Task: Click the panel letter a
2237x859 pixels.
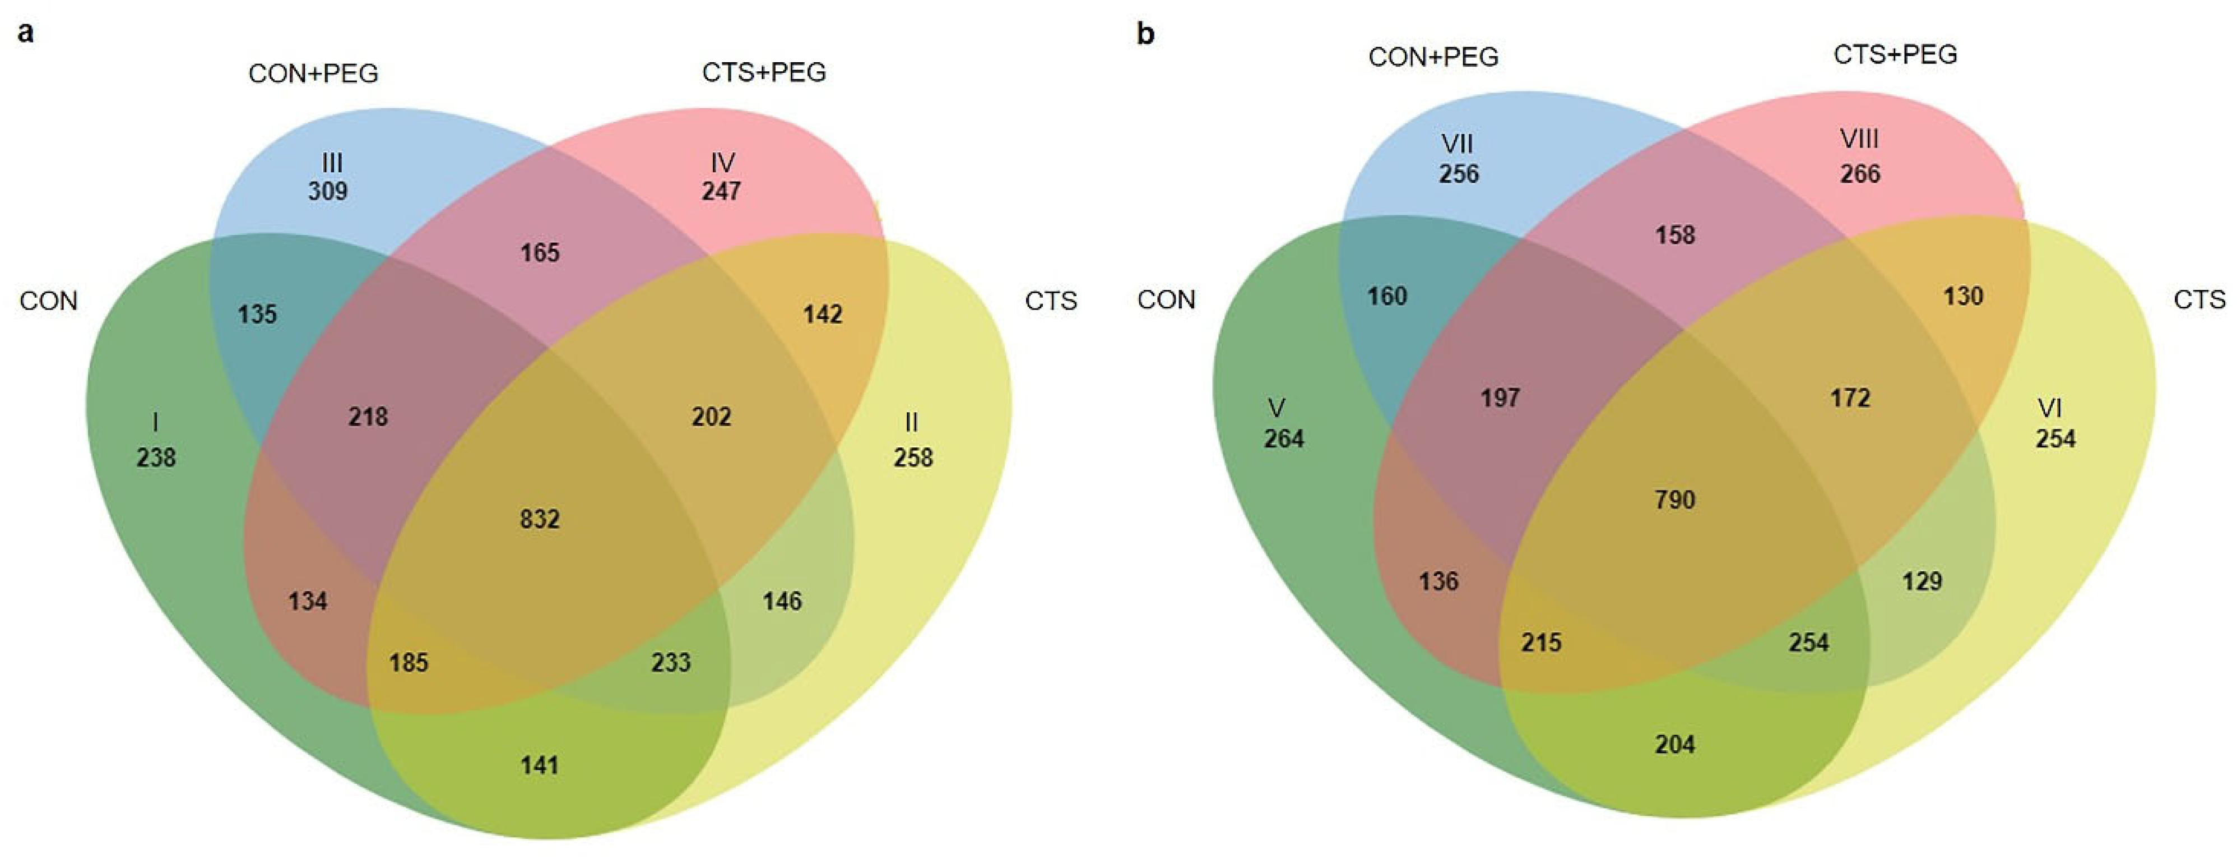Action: [x=26, y=34]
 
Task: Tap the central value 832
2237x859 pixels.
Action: [x=539, y=519]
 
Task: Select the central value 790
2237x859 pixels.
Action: [x=1674, y=500]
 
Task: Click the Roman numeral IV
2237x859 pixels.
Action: [x=722, y=163]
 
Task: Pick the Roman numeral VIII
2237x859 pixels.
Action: [x=1859, y=139]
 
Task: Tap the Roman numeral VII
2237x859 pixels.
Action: [x=1457, y=144]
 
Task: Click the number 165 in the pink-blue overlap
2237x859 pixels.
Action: [x=539, y=253]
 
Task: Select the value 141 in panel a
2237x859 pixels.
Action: [x=539, y=765]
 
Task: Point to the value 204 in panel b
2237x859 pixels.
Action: [x=1674, y=745]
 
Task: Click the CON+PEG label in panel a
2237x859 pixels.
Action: [x=313, y=74]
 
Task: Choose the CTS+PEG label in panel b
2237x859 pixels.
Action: [x=1895, y=55]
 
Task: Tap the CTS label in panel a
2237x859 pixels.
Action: [x=1051, y=302]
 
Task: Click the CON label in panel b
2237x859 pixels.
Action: [x=1166, y=299]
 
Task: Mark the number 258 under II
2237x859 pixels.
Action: [x=913, y=458]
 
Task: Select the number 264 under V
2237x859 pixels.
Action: [x=1283, y=438]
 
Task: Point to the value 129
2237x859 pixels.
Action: [x=1922, y=581]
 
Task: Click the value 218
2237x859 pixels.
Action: [x=368, y=417]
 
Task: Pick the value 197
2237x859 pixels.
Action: [x=1500, y=398]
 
